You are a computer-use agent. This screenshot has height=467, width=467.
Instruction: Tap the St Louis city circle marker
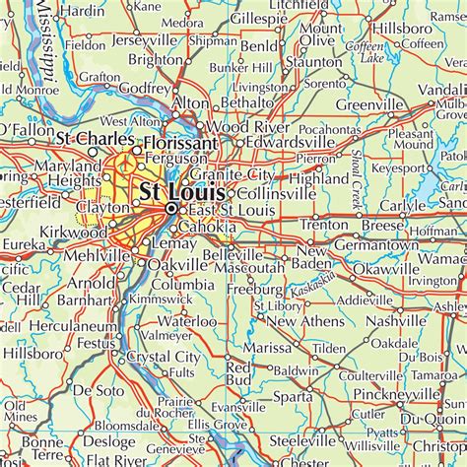171,209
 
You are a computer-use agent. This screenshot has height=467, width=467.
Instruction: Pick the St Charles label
95,138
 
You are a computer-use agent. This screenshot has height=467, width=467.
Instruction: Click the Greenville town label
370,104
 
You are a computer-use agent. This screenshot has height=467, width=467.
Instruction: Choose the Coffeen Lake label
366,52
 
